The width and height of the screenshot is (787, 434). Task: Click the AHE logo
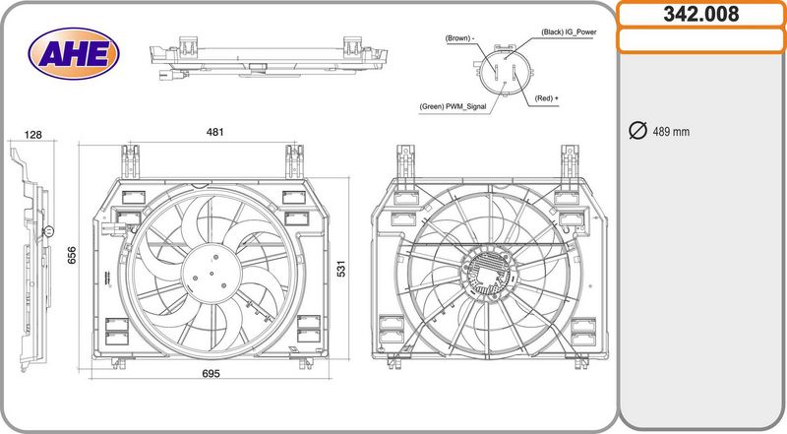tap(74, 54)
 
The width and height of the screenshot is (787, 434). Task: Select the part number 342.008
tap(700, 14)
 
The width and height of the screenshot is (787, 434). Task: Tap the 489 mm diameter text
tap(671, 132)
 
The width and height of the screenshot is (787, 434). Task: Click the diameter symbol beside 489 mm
tap(637, 130)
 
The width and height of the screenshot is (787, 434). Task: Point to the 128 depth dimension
tap(32, 135)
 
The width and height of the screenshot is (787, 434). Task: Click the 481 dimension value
tap(214, 132)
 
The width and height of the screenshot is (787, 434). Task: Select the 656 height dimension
tap(72, 255)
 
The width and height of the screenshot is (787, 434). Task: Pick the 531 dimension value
tap(340, 269)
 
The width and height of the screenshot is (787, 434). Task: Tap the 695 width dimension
tap(211, 374)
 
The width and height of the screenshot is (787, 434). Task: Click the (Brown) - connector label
tap(459, 38)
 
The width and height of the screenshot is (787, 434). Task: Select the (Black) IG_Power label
tap(569, 32)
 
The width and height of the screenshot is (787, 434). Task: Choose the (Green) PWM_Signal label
tap(453, 106)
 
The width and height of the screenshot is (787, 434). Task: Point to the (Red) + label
tap(547, 98)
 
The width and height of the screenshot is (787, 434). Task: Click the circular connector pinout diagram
tap(504, 71)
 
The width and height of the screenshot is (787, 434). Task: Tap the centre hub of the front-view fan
tap(212, 274)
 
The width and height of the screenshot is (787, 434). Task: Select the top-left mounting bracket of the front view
tap(130, 161)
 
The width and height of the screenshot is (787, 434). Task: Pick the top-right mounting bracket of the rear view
tap(570, 161)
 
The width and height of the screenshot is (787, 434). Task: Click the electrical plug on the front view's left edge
tap(114, 228)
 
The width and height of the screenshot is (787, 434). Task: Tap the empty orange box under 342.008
tap(700, 40)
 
